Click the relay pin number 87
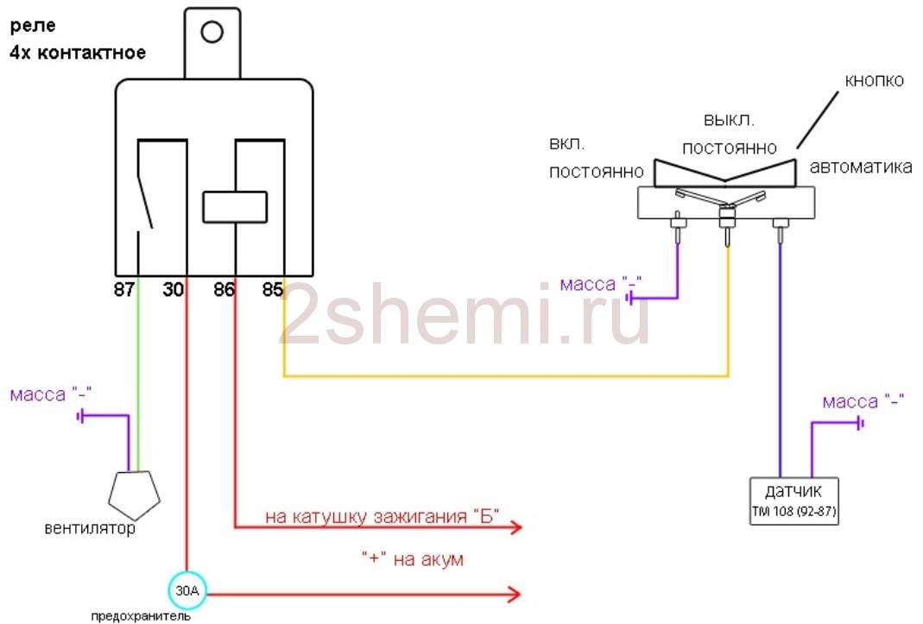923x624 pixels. pos(125,290)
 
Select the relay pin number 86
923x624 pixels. pos(224,290)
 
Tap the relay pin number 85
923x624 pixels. pos(273,290)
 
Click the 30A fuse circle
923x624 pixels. pos(186,592)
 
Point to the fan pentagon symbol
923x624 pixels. pos(134,494)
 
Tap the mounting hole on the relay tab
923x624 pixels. pos(212,33)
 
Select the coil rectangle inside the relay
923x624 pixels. pos(234,206)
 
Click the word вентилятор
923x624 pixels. pos(90,528)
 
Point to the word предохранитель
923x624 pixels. pos(142,617)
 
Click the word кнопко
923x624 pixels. pos(874,81)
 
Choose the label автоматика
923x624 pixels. pos(861,167)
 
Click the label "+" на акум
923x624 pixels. pos(412,560)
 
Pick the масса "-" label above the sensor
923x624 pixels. pos(863,402)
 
